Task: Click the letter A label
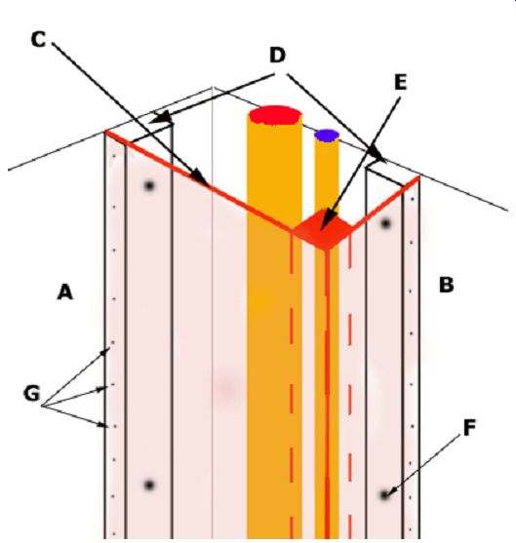pos(65,291)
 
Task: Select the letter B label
pos(446,285)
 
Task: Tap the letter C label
pos(38,39)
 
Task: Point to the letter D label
pos(278,55)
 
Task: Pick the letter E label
pos(401,83)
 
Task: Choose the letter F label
pos(469,427)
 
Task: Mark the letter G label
pos(32,394)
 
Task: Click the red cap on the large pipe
pos(275,115)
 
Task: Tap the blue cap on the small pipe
pos(327,136)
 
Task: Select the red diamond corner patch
pos(323,229)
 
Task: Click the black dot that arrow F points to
pos(384,495)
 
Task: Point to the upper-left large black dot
pos(149,186)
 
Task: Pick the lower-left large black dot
pos(149,485)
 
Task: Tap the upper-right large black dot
pos(385,223)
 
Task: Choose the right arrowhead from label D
pos(377,154)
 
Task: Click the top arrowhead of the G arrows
pos(105,352)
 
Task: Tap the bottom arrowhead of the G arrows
pos(103,425)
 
